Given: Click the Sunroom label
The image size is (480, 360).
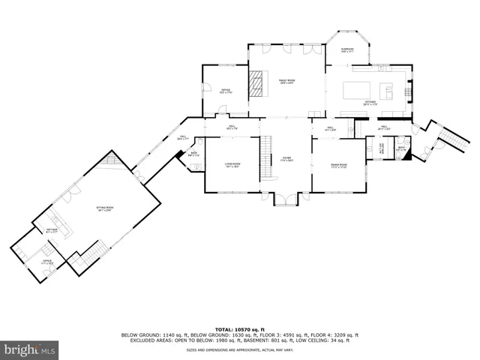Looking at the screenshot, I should click(x=347, y=50).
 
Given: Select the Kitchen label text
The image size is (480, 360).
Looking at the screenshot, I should click(x=370, y=102).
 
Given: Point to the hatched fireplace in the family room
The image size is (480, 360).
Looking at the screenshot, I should click(x=257, y=82).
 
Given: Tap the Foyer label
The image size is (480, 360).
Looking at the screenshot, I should click(x=286, y=159).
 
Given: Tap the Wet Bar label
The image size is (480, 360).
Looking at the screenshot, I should click(x=52, y=230).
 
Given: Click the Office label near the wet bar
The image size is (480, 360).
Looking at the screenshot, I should click(x=46, y=262).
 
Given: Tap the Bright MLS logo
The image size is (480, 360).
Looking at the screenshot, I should click(x=29, y=349).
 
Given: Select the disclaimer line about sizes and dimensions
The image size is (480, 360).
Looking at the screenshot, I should click(x=240, y=349).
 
